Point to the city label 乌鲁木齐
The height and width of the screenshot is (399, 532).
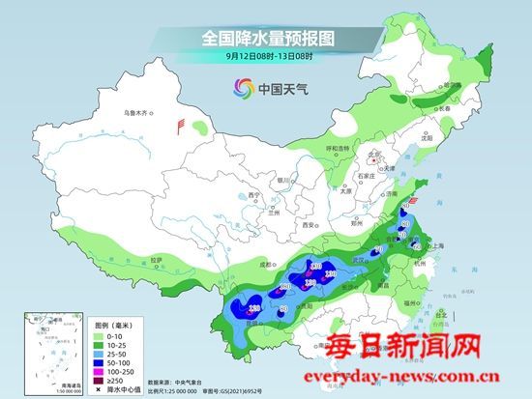(137, 113)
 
